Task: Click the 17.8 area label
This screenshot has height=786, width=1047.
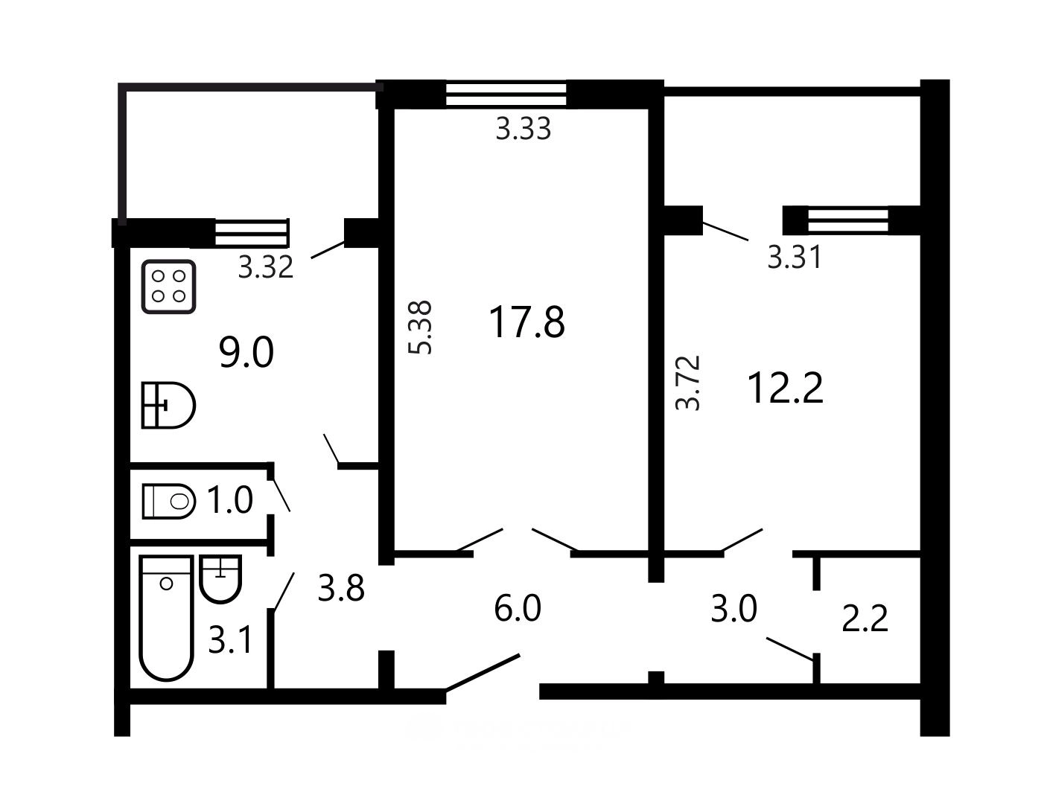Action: (x=526, y=323)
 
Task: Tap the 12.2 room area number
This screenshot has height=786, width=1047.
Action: (x=785, y=388)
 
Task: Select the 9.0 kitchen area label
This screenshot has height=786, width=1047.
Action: (x=246, y=352)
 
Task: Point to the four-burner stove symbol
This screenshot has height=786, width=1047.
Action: (x=168, y=287)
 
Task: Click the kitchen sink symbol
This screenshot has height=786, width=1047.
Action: (x=168, y=405)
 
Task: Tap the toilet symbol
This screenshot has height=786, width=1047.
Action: (x=169, y=501)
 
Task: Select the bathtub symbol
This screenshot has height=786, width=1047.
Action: (x=167, y=619)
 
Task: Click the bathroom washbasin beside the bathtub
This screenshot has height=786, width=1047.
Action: (x=221, y=579)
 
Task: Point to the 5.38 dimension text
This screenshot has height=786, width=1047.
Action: (x=420, y=327)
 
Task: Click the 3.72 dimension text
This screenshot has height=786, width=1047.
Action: (x=688, y=383)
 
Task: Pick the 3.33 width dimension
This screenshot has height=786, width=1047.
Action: (x=523, y=129)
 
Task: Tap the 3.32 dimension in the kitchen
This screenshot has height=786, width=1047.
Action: (x=266, y=267)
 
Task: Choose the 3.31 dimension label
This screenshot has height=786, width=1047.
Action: (x=795, y=258)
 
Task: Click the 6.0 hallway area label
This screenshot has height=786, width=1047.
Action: (x=518, y=609)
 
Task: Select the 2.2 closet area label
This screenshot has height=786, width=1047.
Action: (x=865, y=619)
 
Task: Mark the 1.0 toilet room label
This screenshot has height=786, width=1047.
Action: (x=230, y=500)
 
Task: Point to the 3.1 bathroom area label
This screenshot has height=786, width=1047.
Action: (x=230, y=640)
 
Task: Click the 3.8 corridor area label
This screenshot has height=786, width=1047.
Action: (x=341, y=588)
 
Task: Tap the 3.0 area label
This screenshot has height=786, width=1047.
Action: (x=733, y=609)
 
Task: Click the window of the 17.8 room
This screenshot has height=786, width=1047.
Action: (x=506, y=95)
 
